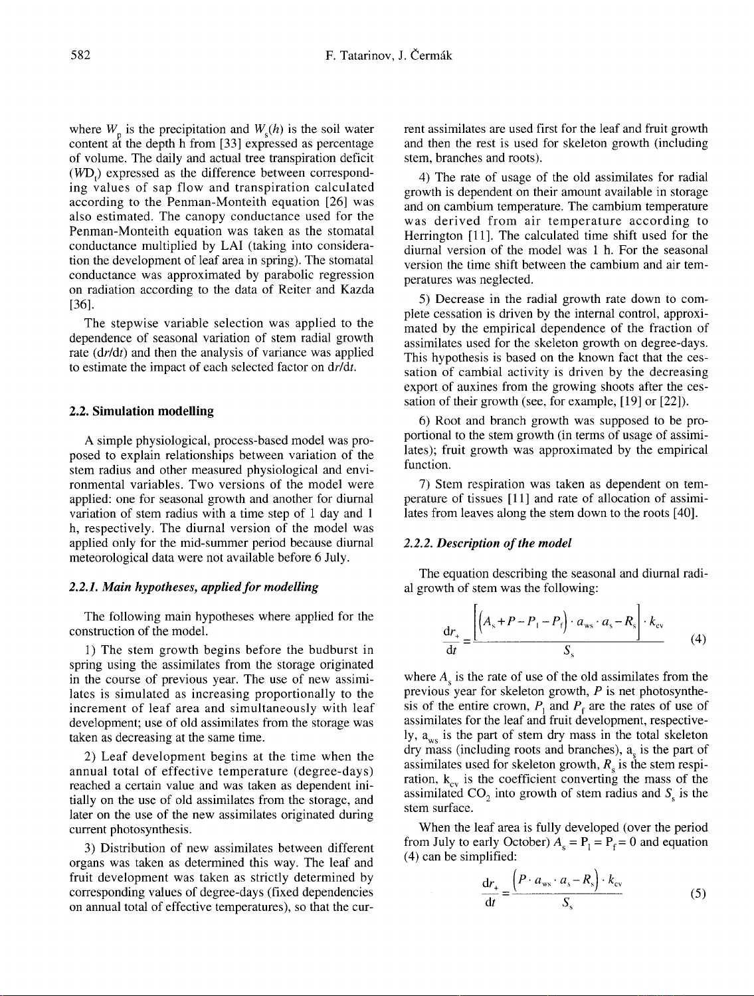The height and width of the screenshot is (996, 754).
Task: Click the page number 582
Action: pyautogui.click(x=80, y=55)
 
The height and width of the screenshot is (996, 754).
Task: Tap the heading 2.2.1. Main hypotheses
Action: pyautogui.click(x=194, y=587)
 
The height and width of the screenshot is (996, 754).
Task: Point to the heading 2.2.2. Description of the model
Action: pyautogui.click(x=488, y=543)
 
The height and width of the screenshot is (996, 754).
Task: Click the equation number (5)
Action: pyautogui.click(x=698, y=893)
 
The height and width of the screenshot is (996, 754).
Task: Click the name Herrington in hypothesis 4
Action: pyautogui.click(x=434, y=235)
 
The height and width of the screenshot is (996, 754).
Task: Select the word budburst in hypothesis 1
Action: pyautogui.click(x=334, y=649)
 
